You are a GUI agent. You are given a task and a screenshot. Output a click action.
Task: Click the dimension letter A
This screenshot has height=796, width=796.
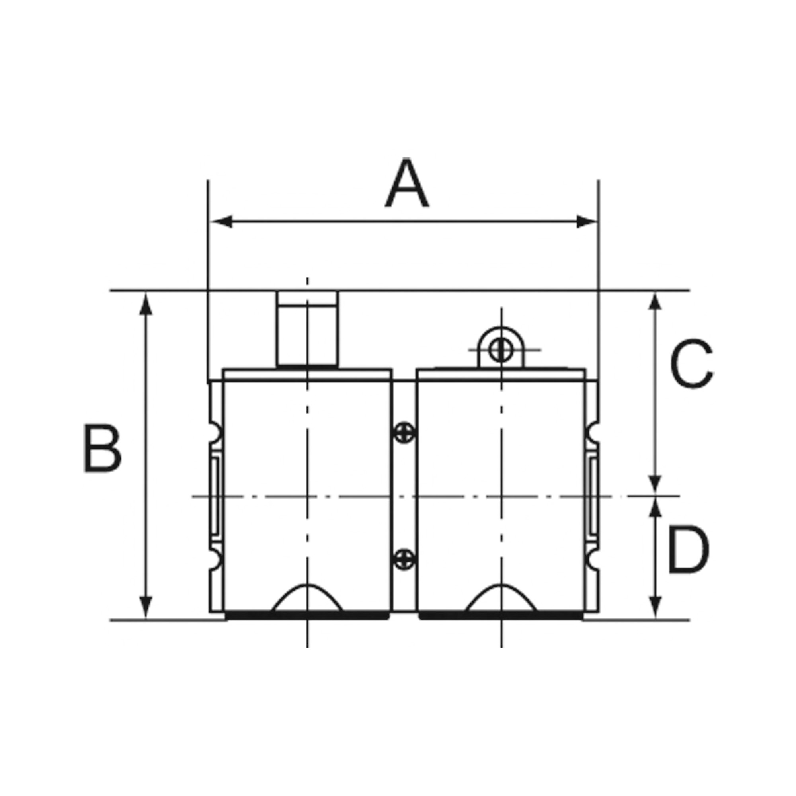coord(407,183)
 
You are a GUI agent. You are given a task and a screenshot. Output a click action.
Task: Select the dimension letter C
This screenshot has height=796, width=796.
coord(691,363)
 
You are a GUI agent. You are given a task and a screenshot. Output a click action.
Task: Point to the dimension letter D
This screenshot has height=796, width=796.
coord(688,549)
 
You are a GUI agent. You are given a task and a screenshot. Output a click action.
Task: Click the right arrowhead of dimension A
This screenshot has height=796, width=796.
coord(586,222)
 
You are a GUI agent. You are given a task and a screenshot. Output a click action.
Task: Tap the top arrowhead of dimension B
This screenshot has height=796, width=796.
coord(146,304)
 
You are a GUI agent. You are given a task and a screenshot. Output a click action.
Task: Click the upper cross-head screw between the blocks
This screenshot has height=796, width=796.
coord(404,433)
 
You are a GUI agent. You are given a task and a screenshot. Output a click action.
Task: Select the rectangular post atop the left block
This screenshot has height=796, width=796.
coord(308,329)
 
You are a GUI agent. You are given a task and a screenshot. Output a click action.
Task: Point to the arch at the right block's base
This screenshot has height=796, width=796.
coord(501,597)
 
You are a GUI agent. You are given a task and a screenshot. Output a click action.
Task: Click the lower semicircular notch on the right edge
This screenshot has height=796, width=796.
coord(592,560)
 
